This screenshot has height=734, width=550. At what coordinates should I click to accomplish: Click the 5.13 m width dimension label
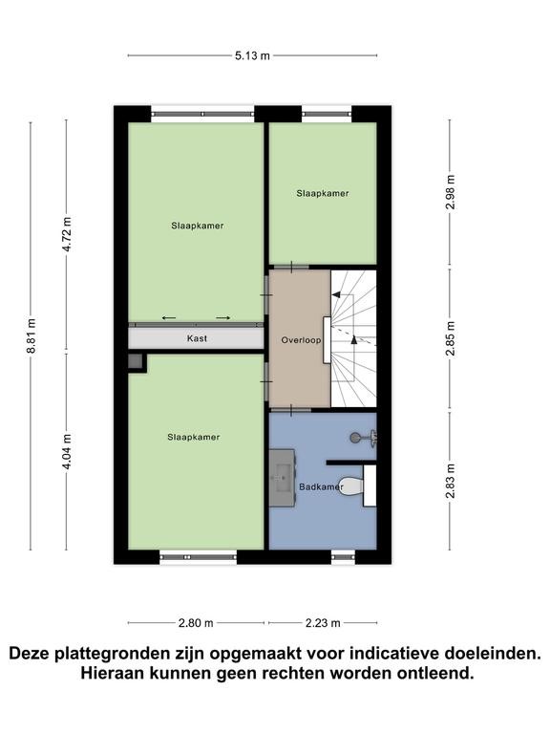(252, 55)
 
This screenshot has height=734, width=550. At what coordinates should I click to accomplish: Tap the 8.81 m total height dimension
(31, 335)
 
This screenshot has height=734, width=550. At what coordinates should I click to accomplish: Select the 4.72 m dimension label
(67, 234)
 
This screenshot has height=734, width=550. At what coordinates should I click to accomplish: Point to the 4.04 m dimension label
(67, 451)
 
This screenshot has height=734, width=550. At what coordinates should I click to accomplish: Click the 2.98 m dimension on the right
(450, 192)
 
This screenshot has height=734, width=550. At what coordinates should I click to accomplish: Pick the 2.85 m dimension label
(450, 338)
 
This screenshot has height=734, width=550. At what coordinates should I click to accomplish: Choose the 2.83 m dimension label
(450, 482)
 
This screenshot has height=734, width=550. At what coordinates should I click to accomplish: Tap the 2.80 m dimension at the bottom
(196, 623)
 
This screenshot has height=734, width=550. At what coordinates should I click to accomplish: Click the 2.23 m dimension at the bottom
(323, 623)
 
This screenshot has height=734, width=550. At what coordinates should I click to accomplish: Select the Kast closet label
(197, 338)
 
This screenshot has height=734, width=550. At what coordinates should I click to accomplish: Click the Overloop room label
(301, 340)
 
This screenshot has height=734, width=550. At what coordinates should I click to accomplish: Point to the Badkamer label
(321, 486)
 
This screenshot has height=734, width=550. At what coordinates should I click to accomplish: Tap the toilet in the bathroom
(351, 486)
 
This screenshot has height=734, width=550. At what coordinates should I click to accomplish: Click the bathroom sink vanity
(282, 478)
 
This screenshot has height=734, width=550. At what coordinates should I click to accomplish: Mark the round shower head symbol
(355, 438)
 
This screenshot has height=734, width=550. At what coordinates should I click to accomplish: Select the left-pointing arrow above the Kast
(169, 318)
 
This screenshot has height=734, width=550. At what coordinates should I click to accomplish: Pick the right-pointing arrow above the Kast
(223, 318)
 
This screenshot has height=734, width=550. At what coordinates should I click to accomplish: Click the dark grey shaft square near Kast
(135, 361)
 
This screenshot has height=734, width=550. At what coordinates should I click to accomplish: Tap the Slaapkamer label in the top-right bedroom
(323, 193)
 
